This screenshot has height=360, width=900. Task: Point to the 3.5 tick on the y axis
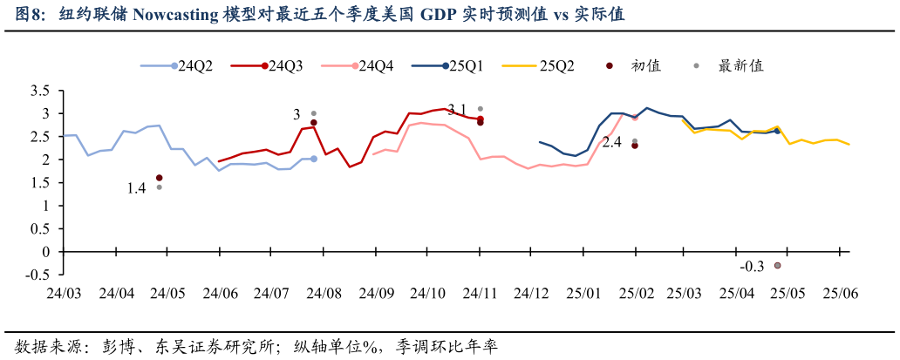[38, 92]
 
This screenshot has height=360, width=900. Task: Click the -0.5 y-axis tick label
[37, 274]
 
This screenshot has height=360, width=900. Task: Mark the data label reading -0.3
[752, 267]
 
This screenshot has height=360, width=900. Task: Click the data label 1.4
[137, 188]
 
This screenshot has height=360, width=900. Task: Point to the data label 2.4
[611, 142]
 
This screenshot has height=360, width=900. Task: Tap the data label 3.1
[457, 109]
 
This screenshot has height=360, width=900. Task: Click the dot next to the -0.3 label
[777, 265]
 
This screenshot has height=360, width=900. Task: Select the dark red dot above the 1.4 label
[159, 178]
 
